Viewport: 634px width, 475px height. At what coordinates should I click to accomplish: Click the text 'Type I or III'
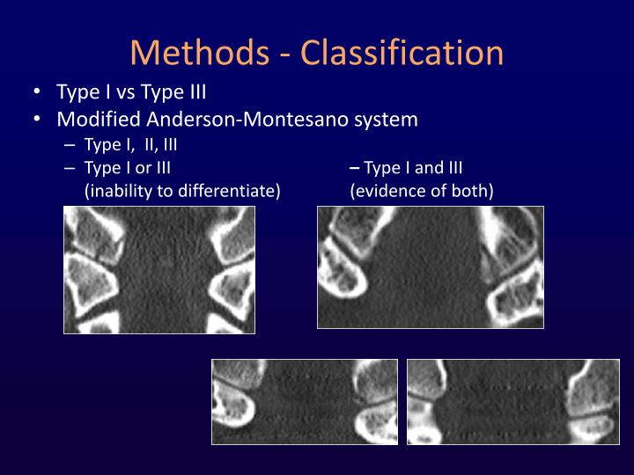pyautogui.click(x=127, y=167)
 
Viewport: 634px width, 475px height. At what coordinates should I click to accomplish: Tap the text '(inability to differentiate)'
pyautogui.click(x=182, y=189)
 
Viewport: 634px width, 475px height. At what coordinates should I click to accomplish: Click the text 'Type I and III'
pyautogui.click(x=413, y=167)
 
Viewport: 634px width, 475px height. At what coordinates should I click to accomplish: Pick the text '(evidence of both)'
pyautogui.click(x=422, y=189)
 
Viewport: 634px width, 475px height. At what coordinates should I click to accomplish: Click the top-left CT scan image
pyautogui.click(x=159, y=269)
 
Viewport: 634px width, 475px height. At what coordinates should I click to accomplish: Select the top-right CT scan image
pyautogui.click(x=431, y=267)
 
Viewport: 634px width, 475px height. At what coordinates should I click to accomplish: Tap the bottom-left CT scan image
pyautogui.click(x=305, y=401)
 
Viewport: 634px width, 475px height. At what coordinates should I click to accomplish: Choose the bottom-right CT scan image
pyautogui.click(x=513, y=401)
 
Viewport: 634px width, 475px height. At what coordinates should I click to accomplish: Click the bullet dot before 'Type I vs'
pyautogui.click(x=39, y=93)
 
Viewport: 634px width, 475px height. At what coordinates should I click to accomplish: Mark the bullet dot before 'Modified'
pyautogui.click(x=39, y=119)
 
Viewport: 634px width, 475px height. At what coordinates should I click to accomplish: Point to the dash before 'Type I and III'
pyautogui.click(x=354, y=167)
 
